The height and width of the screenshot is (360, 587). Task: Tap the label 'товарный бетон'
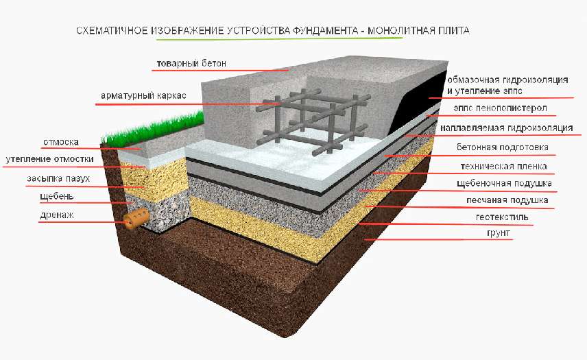click(x=191, y=64)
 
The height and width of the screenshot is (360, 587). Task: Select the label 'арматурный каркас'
click(x=143, y=96)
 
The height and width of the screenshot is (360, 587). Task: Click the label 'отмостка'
click(x=61, y=142)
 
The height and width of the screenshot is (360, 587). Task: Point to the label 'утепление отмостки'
click(x=50, y=159)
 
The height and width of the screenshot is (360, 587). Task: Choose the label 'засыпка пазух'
click(x=58, y=178)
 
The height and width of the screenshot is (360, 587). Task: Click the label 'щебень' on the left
click(x=57, y=197)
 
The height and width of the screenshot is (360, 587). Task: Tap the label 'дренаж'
click(x=57, y=215)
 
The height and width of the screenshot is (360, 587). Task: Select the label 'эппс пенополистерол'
click(x=501, y=108)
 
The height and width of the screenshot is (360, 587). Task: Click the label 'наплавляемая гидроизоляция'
click(x=507, y=128)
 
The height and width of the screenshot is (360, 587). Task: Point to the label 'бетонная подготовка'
click(x=503, y=147)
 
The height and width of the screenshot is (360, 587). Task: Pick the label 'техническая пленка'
click(x=503, y=166)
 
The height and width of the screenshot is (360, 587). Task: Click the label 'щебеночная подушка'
click(x=504, y=184)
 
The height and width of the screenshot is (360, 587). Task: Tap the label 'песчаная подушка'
click(x=507, y=200)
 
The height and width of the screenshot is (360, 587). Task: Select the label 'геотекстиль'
click(x=503, y=217)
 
